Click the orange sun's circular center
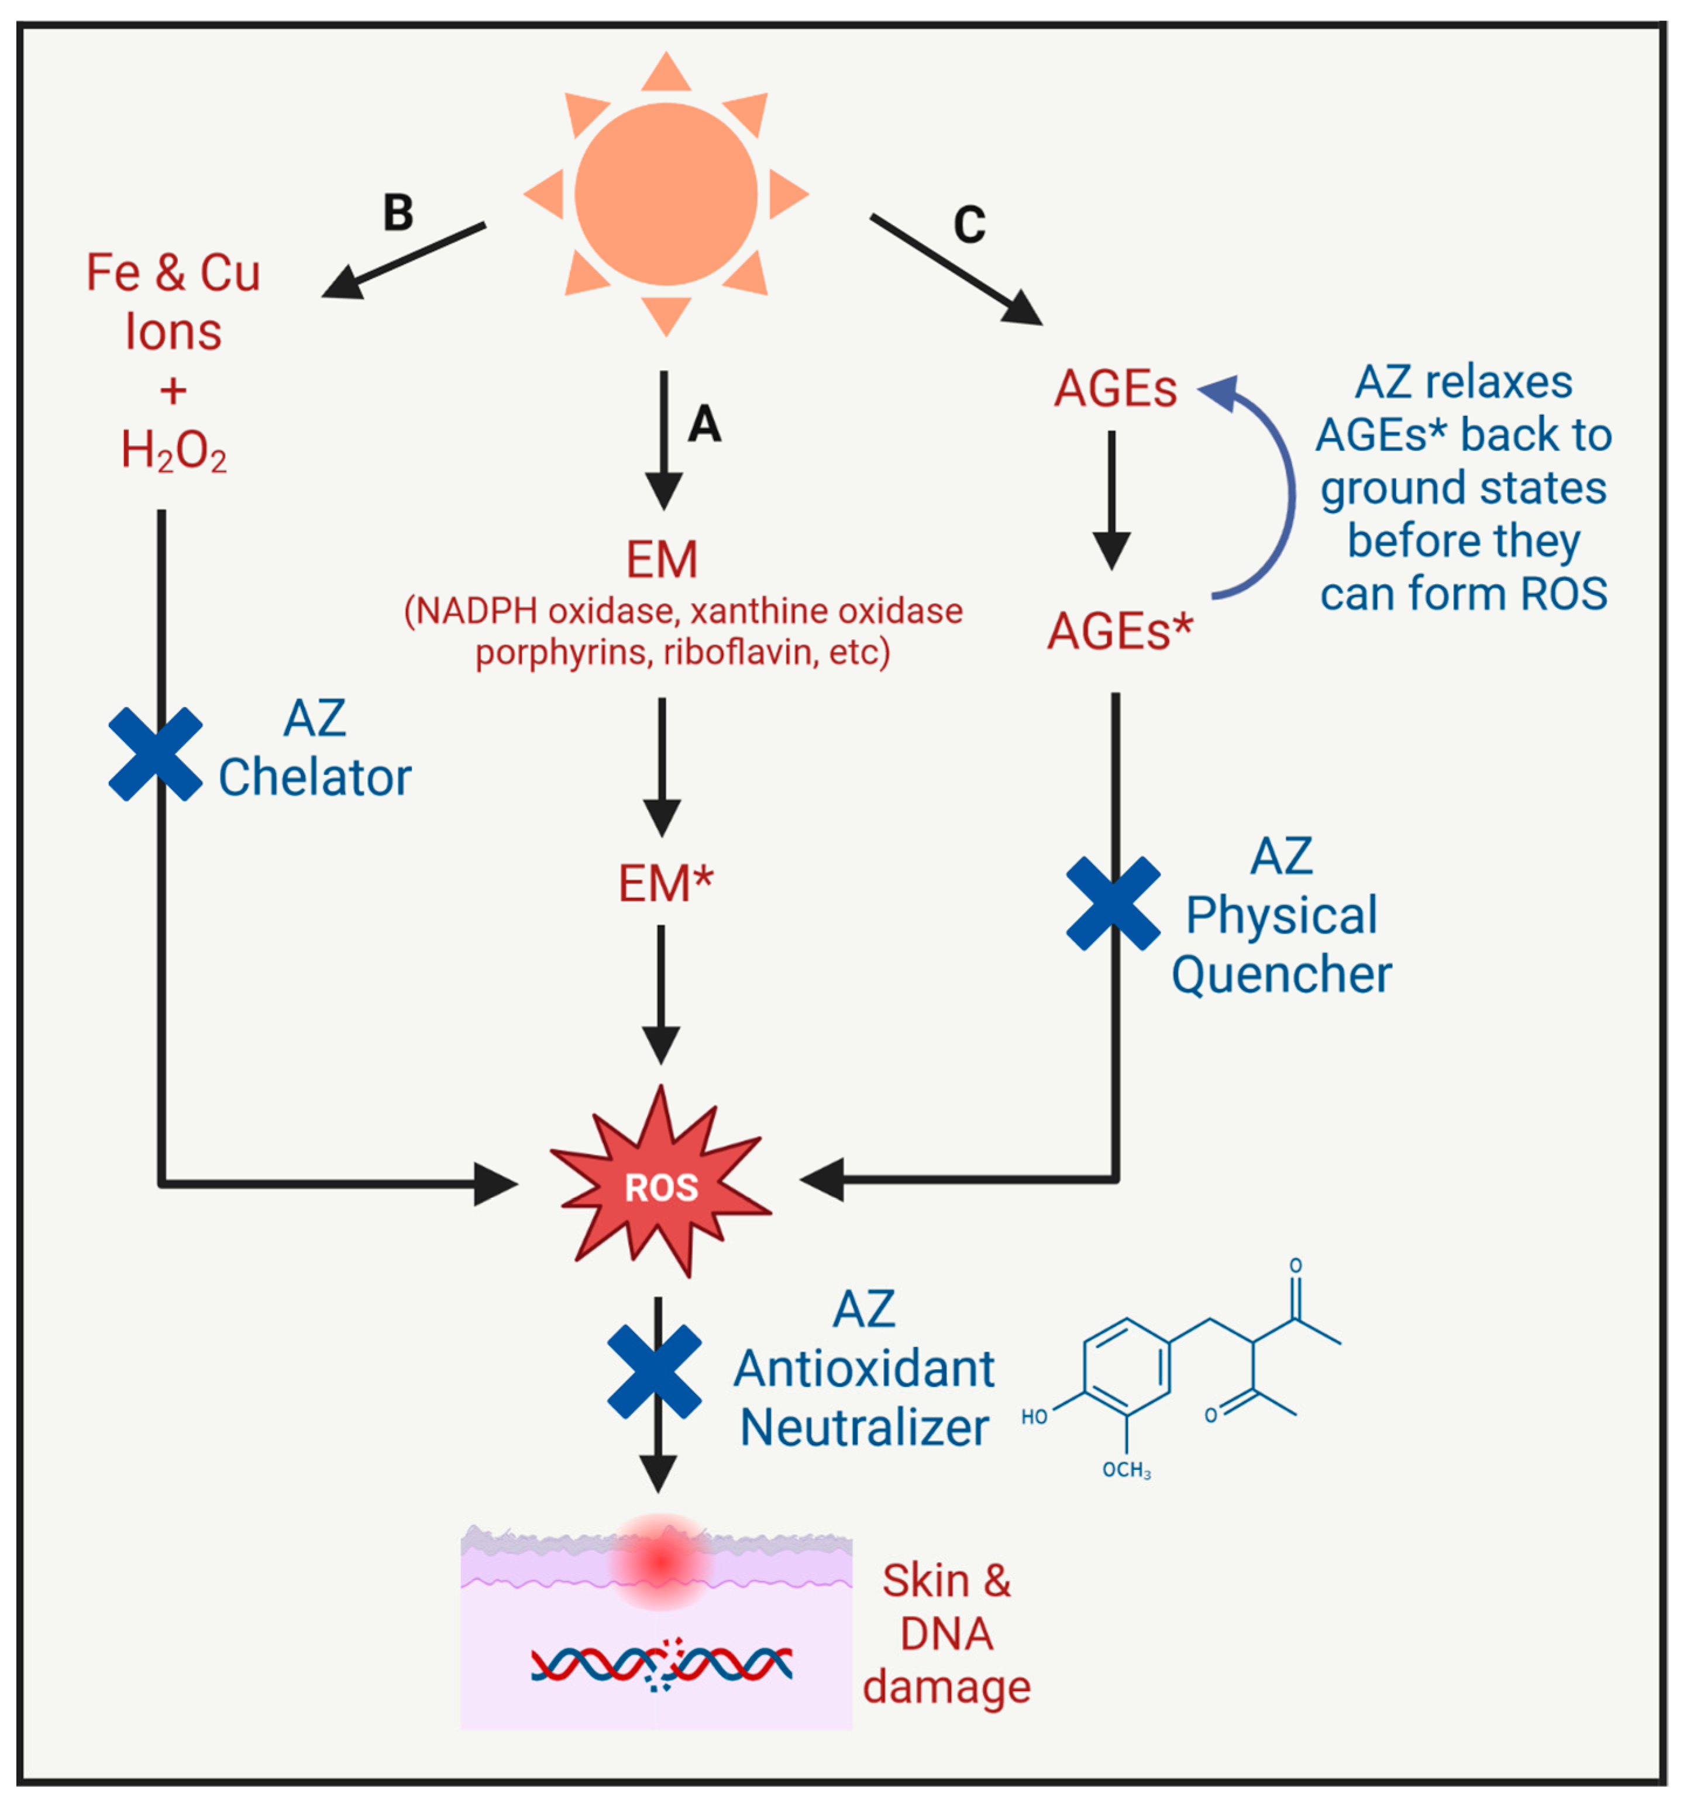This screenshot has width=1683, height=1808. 665,194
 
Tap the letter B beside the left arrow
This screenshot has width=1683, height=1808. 398,213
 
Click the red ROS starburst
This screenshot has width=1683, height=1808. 662,1187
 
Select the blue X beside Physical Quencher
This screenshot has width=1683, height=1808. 1113,903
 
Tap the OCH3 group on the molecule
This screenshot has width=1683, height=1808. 1126,1470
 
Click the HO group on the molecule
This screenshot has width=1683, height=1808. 1034,1416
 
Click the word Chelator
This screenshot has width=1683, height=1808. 315,777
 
